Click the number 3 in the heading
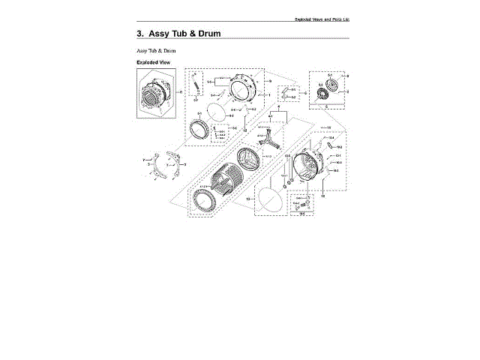point(139,34)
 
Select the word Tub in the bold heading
point(184,34)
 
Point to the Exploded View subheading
point(154,61)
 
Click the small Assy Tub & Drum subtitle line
point(155,49)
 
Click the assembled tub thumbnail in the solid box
point(157,96)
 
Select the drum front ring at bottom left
point(203,202)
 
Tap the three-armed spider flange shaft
point(270,139)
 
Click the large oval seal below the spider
point(271,198)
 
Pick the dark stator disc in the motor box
point(326,93)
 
